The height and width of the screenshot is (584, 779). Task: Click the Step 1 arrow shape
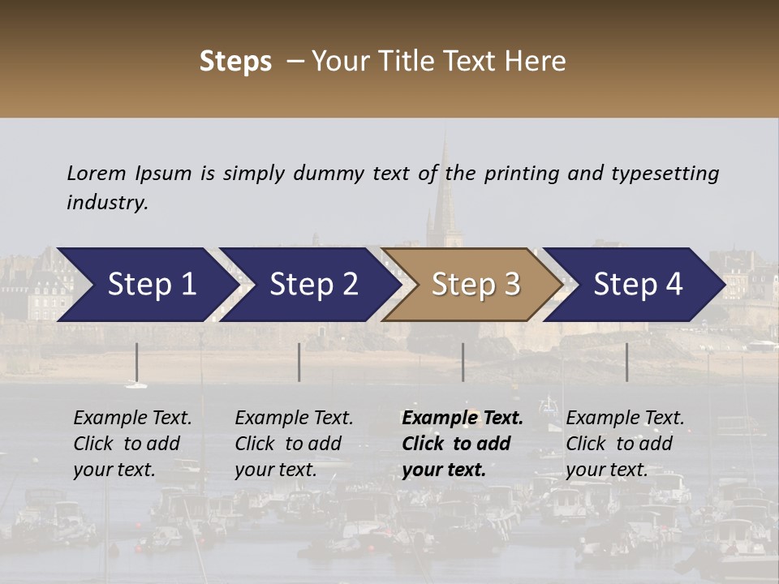pyautogui.click(x=146, y=285)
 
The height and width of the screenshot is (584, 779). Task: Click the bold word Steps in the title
pyautogui.click(x=235, y=62)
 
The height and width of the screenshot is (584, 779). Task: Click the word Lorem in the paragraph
pyautogui.click(x=96, y=173)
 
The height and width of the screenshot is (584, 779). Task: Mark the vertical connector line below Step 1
pyautogui.click(x=136, y=362)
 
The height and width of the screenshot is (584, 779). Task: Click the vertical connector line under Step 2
pyautogui.click(x=299, y=362)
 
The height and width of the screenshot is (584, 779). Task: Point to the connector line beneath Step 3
pyautogui.click(x=463, y=362)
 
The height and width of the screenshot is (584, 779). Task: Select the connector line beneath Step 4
pyautogui.click(x=626, y=362)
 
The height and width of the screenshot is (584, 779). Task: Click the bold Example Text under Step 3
pyautogui.click(x=463, y=419)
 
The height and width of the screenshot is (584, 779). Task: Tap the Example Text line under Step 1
pyautogui.click(x=132, y=419)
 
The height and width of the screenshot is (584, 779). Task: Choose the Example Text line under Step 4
pyautogui.click(x=625, y=419)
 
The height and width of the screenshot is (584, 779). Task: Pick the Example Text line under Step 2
pyautogui.click(x=294, y=419)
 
